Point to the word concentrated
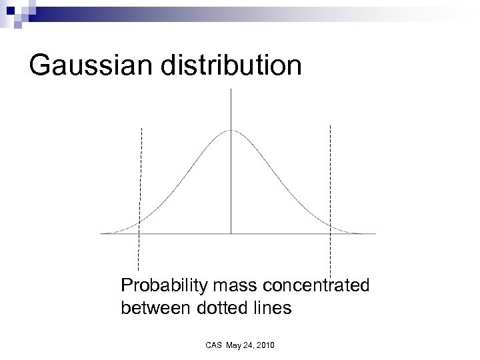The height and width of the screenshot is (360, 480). point(317,287)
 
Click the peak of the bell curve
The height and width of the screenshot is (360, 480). point(231,130)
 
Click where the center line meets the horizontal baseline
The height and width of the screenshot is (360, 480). point(231,233)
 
